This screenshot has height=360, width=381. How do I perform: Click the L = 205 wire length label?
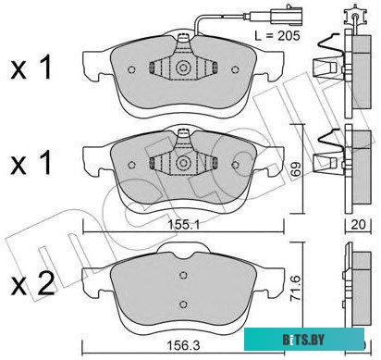coord(277,36)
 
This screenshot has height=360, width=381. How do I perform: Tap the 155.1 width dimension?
coord(183,225)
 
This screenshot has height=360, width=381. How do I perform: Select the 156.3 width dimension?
coord(183,346)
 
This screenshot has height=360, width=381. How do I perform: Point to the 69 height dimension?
coord(297,168)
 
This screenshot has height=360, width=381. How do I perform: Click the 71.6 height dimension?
coord(297,290)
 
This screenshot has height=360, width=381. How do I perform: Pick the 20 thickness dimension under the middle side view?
coord(358,224)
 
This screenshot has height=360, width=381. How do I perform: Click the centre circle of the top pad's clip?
coord(183,68)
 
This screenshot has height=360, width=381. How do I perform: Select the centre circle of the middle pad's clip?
coord(183,163)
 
